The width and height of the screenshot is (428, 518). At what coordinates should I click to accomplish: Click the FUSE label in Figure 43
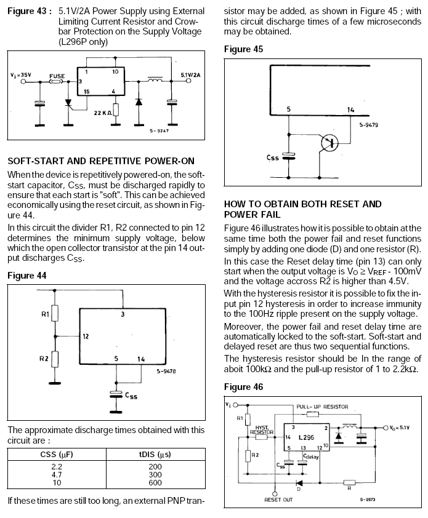[x=57, y=76]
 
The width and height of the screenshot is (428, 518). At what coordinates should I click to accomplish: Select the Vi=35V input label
[x=20, y=75]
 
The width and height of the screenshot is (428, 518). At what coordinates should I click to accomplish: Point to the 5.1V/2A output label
[x=190, y=75]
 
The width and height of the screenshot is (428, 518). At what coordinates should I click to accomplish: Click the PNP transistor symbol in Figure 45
[x=329, y=143]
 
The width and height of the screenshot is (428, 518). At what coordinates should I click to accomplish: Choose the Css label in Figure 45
[x=273, y=157]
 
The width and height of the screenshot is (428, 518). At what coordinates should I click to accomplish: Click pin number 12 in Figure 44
[x=86, y=337]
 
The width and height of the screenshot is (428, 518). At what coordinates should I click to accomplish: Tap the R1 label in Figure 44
[x=45, y=314]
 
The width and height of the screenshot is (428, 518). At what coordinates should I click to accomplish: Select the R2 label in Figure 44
[x=44, y=359]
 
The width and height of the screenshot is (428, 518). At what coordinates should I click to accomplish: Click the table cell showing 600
[x=155, y=483]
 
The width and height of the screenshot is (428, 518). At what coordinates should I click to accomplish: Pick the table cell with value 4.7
[x=57, y=475]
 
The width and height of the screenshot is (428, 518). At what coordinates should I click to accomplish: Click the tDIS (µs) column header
[x=155, y=455]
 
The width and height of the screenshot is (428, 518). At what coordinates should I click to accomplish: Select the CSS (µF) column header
[x=57, y=455]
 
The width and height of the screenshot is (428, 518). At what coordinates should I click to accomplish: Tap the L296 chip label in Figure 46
[x=306, y=437]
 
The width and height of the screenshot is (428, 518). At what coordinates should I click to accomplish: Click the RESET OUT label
[x=278, y=500]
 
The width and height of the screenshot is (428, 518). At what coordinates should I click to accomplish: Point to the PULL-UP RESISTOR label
[x=322, y=407]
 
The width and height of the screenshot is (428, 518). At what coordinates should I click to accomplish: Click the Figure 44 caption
[x=27, y=276]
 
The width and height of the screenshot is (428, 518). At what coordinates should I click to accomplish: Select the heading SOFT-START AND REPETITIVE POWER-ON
[x=101, y=161]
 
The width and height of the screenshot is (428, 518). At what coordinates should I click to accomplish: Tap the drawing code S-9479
[x=368, y=125]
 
